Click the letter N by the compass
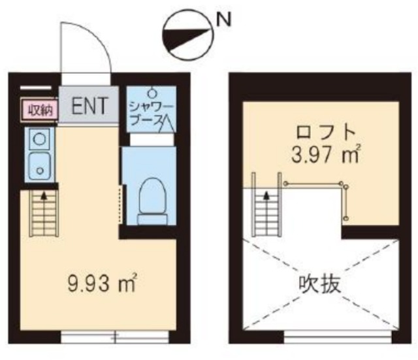(x=223, y=20)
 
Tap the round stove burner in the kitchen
(x=39, y=139)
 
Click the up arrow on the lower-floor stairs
(x=44, y=195)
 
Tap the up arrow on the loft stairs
(x=266, y=193)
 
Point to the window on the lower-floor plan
(x=114, y=337)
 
